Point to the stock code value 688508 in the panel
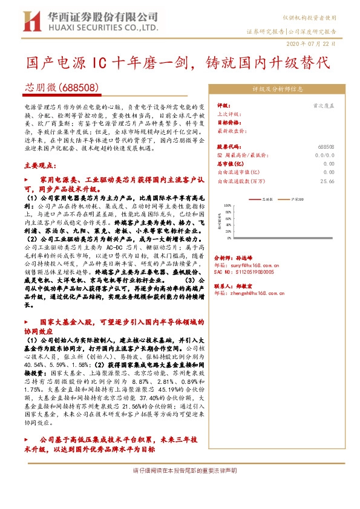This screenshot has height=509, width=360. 326,147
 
